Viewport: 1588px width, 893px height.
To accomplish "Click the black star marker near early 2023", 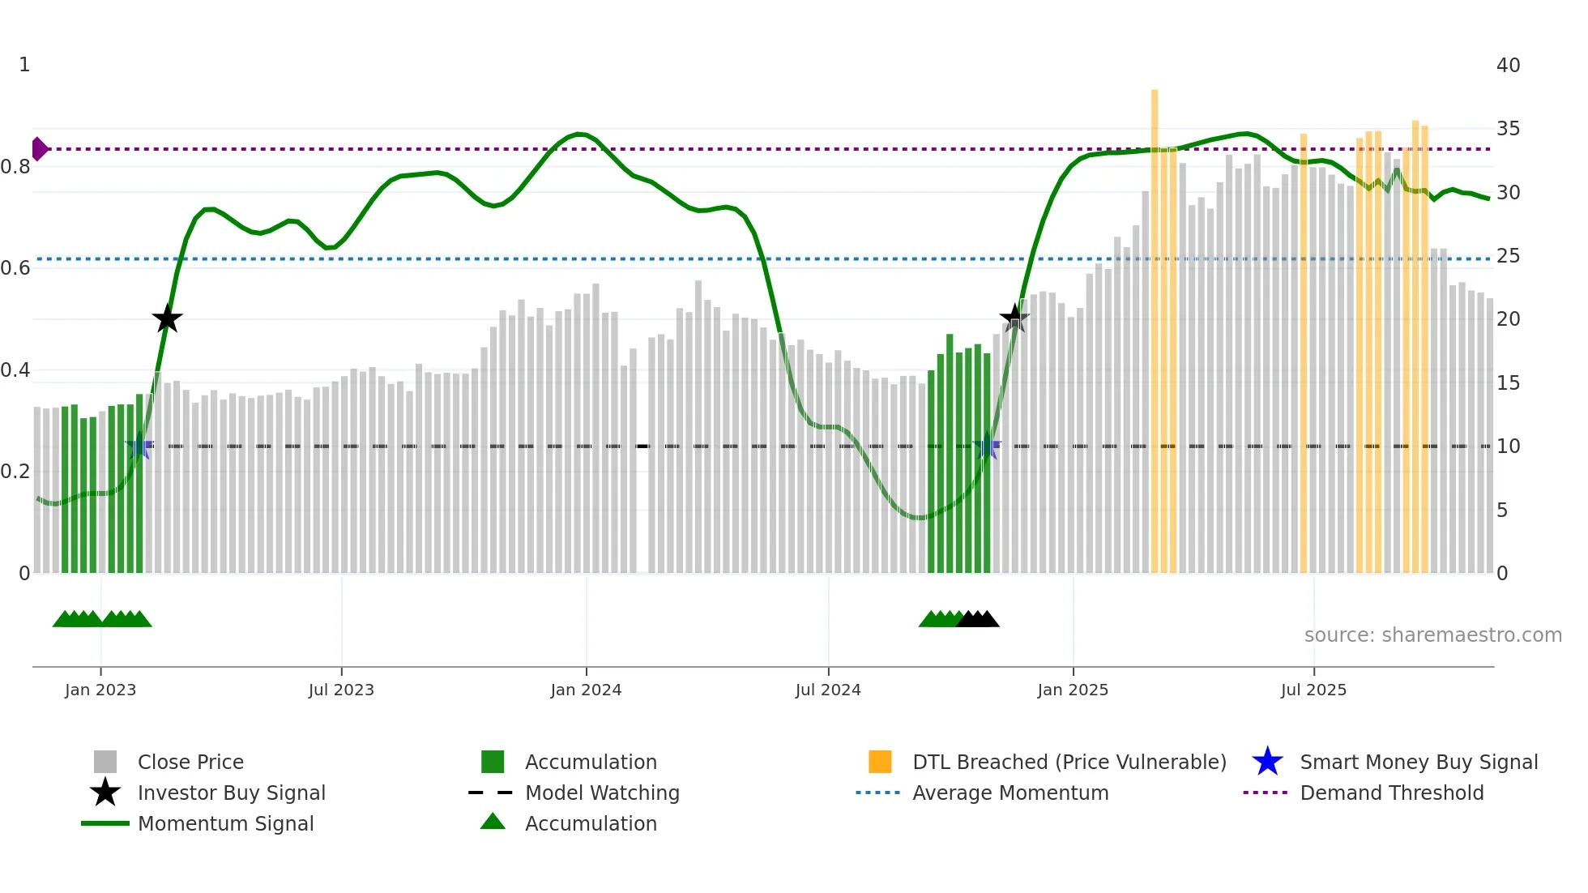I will point(167,318).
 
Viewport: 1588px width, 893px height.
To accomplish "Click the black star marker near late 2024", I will point(1014,318).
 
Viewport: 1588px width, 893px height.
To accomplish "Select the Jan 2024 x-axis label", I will point(586,690).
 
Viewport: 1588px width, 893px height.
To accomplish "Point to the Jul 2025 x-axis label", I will point(1313,690).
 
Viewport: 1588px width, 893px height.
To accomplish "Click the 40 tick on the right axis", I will point(1508,66).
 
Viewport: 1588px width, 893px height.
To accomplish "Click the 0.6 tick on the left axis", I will point(15,268).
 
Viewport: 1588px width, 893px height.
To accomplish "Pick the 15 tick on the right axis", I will point(1508,383).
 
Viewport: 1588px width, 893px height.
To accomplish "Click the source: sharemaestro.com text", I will point(1432,635).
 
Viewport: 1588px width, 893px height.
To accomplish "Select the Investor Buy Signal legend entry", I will point(231,793).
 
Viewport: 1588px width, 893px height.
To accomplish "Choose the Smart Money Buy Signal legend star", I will point(1267,762).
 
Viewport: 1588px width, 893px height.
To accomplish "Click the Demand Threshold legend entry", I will point(1391,793).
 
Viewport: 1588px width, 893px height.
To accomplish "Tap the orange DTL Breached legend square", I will point(880,762).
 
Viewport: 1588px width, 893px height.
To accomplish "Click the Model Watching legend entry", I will point(602,793).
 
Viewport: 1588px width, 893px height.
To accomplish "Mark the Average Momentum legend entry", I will point(1010,793).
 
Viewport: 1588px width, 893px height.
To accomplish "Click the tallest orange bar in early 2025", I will point(1155,324).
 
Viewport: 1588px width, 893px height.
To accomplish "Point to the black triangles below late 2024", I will point(978,619).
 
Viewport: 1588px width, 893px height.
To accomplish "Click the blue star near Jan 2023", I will point(139,446).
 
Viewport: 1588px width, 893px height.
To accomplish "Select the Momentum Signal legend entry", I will point(225,823).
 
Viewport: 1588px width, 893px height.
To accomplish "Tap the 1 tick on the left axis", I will point(24,65).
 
